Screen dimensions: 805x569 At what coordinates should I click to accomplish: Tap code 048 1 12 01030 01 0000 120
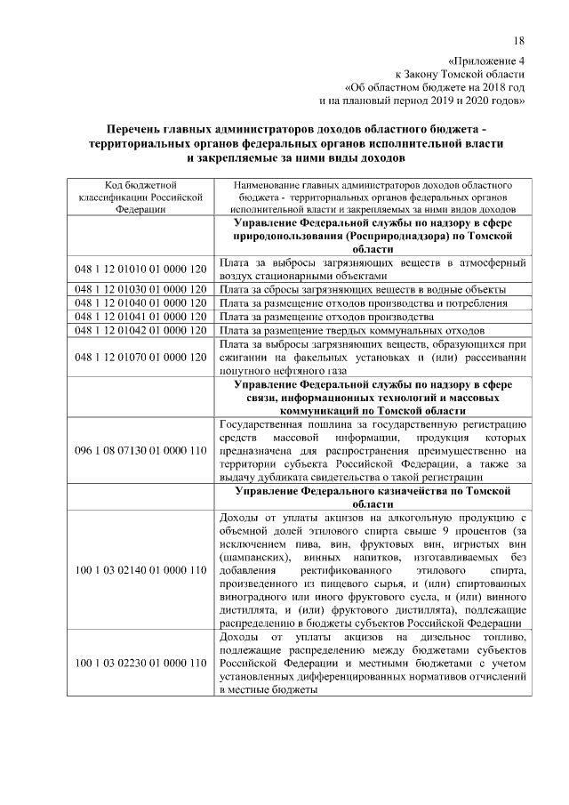140,289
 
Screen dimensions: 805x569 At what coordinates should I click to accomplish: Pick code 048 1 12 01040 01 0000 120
140,302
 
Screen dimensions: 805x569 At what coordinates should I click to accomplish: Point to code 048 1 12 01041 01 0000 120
140,316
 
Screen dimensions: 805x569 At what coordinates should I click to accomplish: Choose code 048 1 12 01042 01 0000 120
140,329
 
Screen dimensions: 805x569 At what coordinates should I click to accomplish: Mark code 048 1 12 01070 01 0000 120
140,356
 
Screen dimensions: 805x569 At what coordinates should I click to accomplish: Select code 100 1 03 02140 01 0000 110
140,569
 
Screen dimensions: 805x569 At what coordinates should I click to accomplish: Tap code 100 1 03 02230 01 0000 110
140,663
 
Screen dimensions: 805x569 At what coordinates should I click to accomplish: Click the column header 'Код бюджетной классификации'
140,184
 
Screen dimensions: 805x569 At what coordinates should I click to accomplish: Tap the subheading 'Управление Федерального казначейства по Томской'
373,491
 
